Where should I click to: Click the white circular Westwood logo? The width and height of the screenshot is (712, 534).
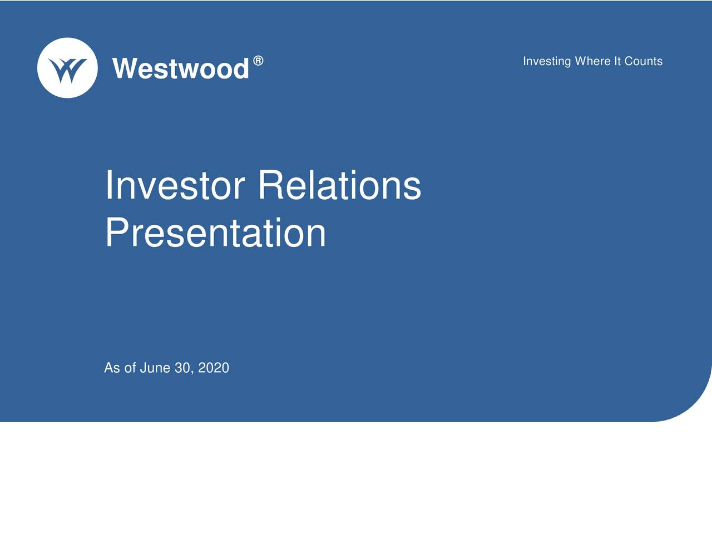[x=67, y=68]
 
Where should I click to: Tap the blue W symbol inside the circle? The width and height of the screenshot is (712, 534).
[x=67, y=70]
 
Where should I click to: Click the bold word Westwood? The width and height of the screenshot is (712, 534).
[x=181, y=68]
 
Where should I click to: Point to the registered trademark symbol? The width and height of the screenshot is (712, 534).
[x=258, y=61]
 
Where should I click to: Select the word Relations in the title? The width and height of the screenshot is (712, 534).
[x=340, y=185]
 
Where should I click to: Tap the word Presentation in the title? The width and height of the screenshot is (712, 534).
[x=216, y=233]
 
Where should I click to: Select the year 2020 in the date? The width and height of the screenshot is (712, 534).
[x=214, y=368]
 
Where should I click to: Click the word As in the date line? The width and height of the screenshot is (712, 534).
[x=112, y=368]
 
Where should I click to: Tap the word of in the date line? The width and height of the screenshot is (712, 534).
[x=130, y=368]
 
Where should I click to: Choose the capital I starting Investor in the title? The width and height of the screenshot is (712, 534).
[x=108, y=185]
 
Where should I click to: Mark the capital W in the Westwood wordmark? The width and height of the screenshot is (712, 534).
[x=125, y=68]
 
